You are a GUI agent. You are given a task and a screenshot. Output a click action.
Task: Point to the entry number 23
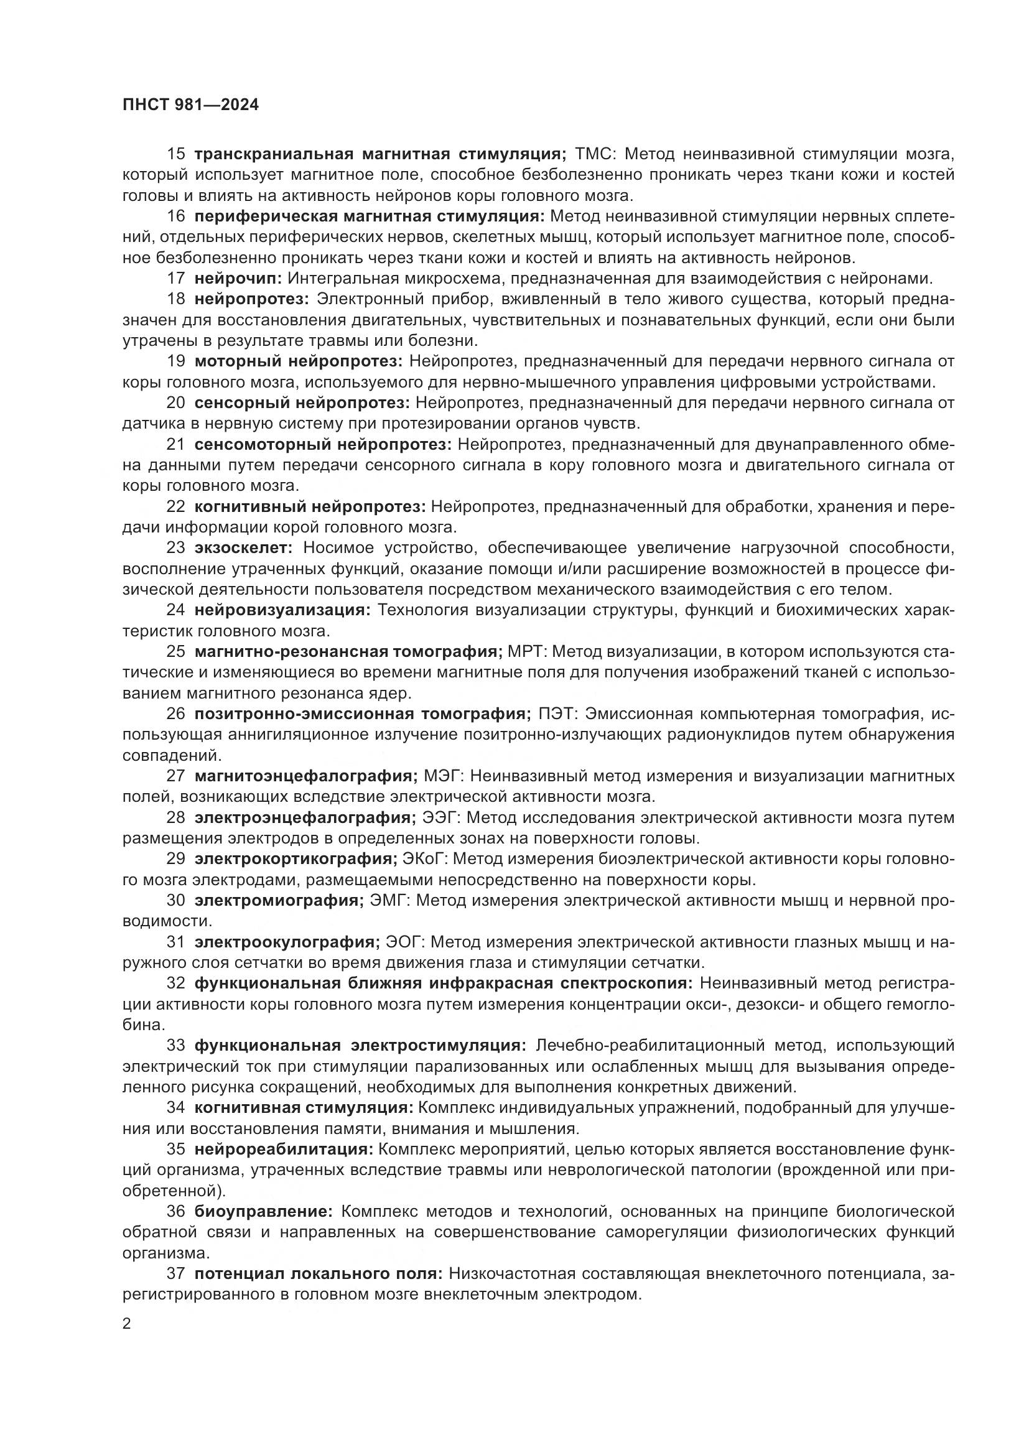point(175,548)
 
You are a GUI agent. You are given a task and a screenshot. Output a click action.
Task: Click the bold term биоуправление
point(264,1212)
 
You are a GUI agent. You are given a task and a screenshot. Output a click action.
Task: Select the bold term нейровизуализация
point(282,610)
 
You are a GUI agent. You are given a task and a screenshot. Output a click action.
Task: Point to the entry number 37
point(175,1275)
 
